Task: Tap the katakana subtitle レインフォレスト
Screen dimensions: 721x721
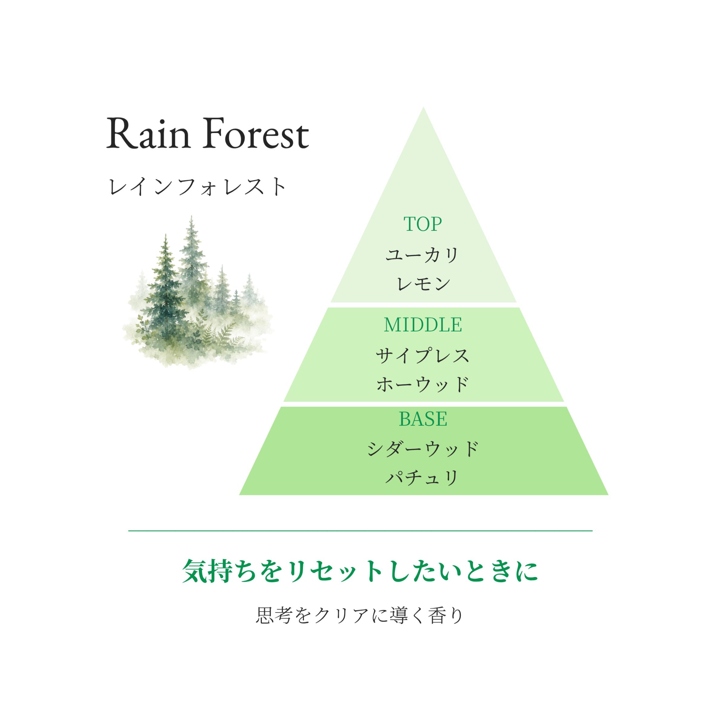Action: click(x=197, y=187)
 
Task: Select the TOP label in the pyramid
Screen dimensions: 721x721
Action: click(x=423, y=224)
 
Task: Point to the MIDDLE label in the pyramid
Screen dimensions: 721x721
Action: click(x=423, y=325)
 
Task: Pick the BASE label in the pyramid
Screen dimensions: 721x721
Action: click(x=423, y=419)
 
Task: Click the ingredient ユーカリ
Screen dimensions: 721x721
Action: click(x=422, y=255)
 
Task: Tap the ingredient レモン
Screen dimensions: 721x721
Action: click(x=423, y=284)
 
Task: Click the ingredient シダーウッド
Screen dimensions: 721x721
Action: click(x=423, y=449)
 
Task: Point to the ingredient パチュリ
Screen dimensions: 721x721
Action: click(x=422, y=478)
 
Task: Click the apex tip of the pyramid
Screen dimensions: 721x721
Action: click(x=423, y=108)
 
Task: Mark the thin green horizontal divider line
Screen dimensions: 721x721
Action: click(x=360, y=530)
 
